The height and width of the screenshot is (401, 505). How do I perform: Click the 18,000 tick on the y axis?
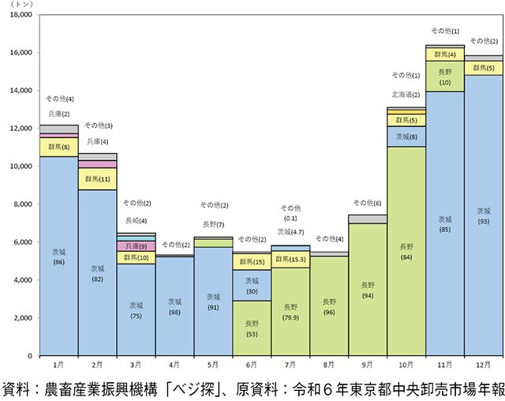click(x=20, y=15)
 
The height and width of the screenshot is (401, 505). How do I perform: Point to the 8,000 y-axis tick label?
click(x=22, y=204)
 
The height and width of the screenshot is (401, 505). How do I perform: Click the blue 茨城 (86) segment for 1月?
click(x=59, y=257)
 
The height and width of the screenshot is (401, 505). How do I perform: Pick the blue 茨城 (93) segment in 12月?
click(x=484, y=215)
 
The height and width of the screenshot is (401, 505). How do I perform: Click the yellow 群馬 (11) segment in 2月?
click(x=98, y=179)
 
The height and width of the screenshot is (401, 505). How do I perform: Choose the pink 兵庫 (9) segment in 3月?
click(x=137, y=246)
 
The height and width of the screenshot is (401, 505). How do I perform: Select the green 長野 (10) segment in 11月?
click(x=445, y=77)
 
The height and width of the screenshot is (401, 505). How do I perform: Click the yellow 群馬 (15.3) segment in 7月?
click(x=291, y=259)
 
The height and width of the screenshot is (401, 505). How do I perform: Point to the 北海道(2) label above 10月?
click(x=406, y=94)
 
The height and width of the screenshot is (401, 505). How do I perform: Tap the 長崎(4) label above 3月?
click(x=137, y=220)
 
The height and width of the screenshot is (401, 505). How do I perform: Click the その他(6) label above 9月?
click(x=368, y=203)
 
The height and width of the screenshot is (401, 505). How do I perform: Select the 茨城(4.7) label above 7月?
click(x=291, y=232)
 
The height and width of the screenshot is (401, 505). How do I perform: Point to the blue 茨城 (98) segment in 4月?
click(x=175, y=306)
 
